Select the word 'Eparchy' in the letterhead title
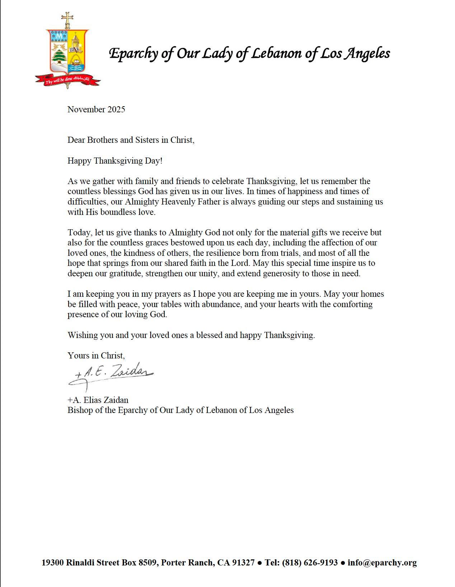(x=133, y=54)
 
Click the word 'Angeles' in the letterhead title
(x=367, y=54)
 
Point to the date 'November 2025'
(x=96, y=109)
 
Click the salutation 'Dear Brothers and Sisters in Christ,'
(x=131, y=140)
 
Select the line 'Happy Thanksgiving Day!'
(x=115, y=161)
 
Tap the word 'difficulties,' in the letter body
(x=87, y=202)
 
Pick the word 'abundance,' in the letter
(x=211, y=304)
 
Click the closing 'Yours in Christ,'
(x=96, y=356)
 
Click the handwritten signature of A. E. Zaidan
(x=111, y=375)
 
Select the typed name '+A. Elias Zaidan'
(x=98, y=400)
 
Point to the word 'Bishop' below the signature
(x=80, y=410)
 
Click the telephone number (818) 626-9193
(x=310, y=563)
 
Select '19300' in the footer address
(x=53, y=563)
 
